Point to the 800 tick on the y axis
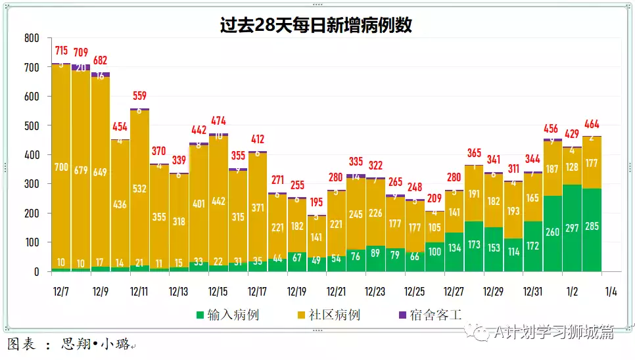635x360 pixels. pos(31,38)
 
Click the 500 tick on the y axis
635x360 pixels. pos(31,125)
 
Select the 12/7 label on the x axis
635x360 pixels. pos(61,291)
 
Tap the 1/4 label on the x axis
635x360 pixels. pos(611,291)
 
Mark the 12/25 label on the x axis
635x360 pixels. pos(415,291)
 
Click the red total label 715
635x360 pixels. pos(61,51)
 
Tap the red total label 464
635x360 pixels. pos(592,124)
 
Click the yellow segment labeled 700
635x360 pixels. pos(61,168)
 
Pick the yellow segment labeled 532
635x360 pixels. pos(139,190)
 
